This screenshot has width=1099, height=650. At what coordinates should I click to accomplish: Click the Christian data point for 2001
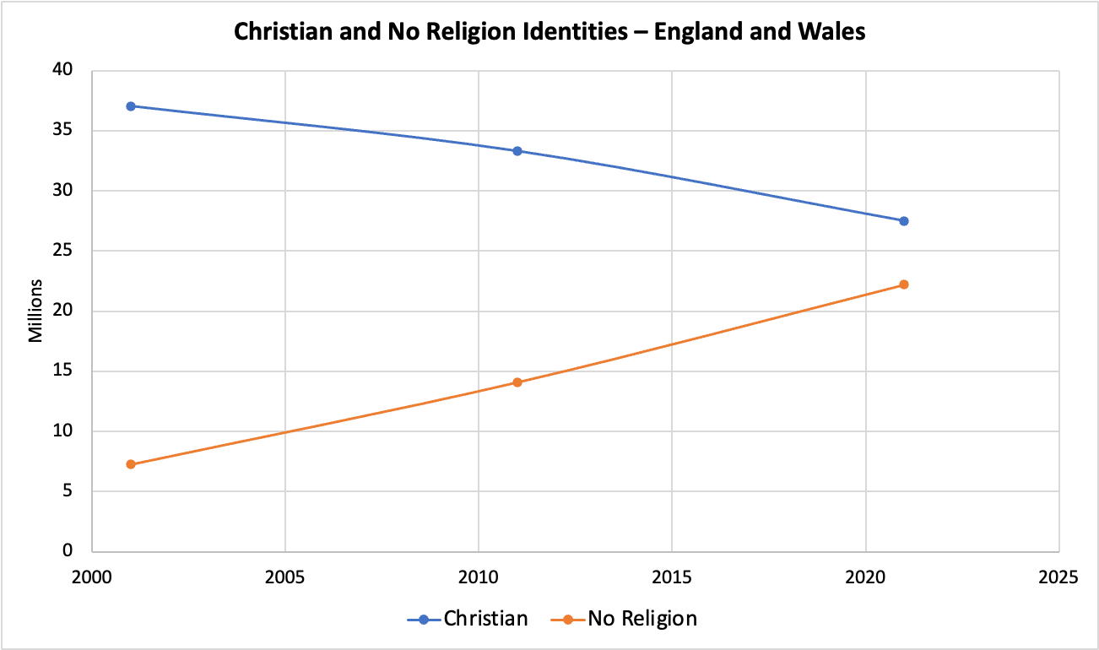[131, 106]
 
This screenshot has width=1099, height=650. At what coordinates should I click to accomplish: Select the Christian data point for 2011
[517, 151]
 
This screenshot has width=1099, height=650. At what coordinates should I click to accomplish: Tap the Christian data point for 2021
[903, 221]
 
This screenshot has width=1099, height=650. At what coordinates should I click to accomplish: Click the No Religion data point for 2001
[131, 464]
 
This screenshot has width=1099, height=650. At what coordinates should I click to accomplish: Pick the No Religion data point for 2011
[517, 382]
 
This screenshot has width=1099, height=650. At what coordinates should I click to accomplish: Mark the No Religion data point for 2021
[903, 284]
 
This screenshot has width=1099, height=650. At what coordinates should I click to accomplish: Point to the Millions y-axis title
[35, 311]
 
